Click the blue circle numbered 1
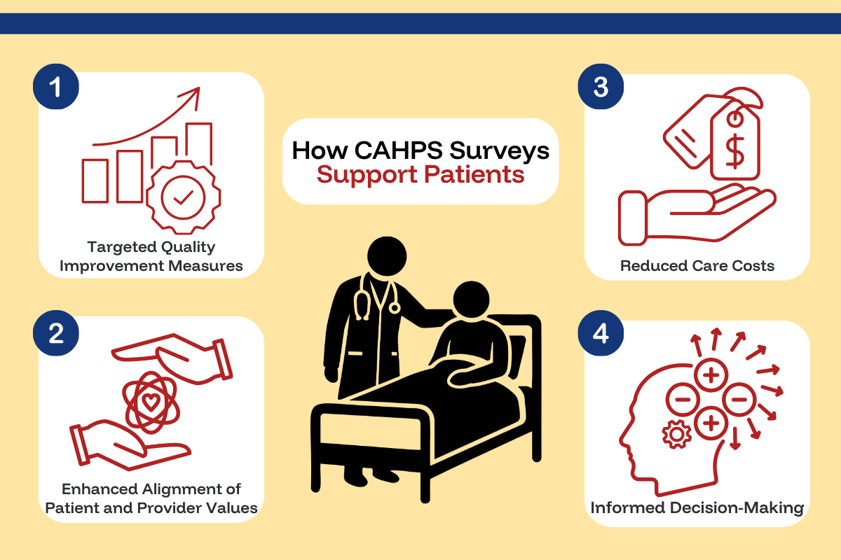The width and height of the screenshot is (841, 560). tap(56, 87)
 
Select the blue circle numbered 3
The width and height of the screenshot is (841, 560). tap(601, 87)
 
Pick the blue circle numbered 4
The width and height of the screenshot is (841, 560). tap(601, 334)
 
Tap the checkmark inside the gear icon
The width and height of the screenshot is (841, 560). tap(184, 199)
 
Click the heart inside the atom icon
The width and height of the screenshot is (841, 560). tap(150, 402)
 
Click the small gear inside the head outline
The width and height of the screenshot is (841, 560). tap(676, 435)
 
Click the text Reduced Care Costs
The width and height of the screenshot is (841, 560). tap(697, 265)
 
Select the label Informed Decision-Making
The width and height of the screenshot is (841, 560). tap(697, 508)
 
